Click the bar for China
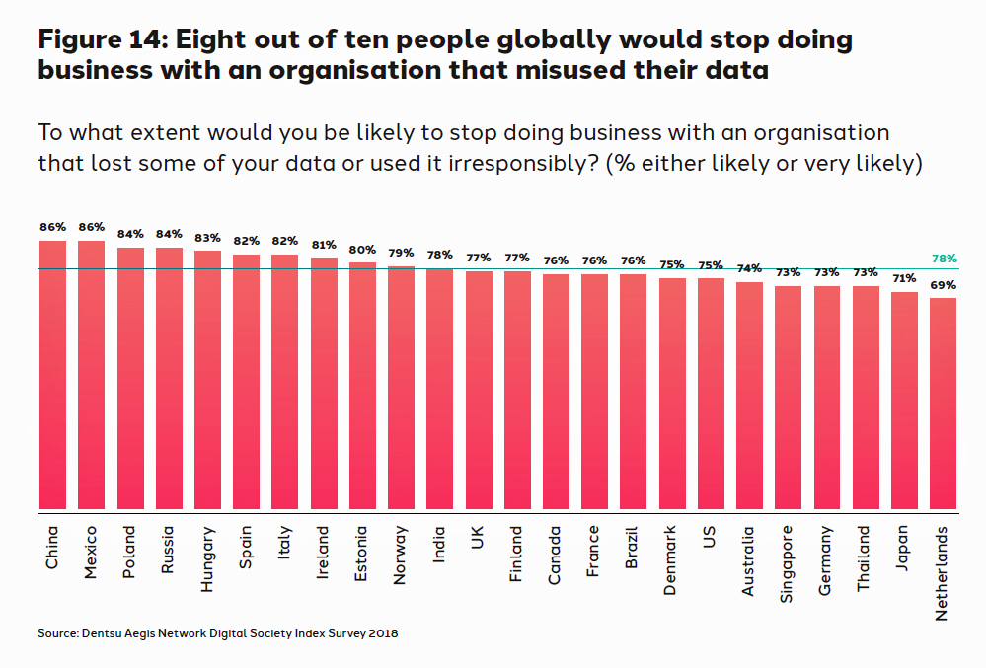tap(52, 376)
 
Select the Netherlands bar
tap(943, 405)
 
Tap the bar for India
tap(439, 391)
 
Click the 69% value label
tap(944, 285)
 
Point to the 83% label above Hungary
tap(207, 238)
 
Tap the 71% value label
tap(904, 279)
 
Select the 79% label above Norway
tap(401, 254)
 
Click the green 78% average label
tap(945, 259)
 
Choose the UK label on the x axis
tap(478, 540)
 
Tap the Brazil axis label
tap(633, 549)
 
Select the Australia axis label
tap(749, 561)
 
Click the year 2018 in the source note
tap(382, 633)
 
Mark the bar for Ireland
tap(324, 385)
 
